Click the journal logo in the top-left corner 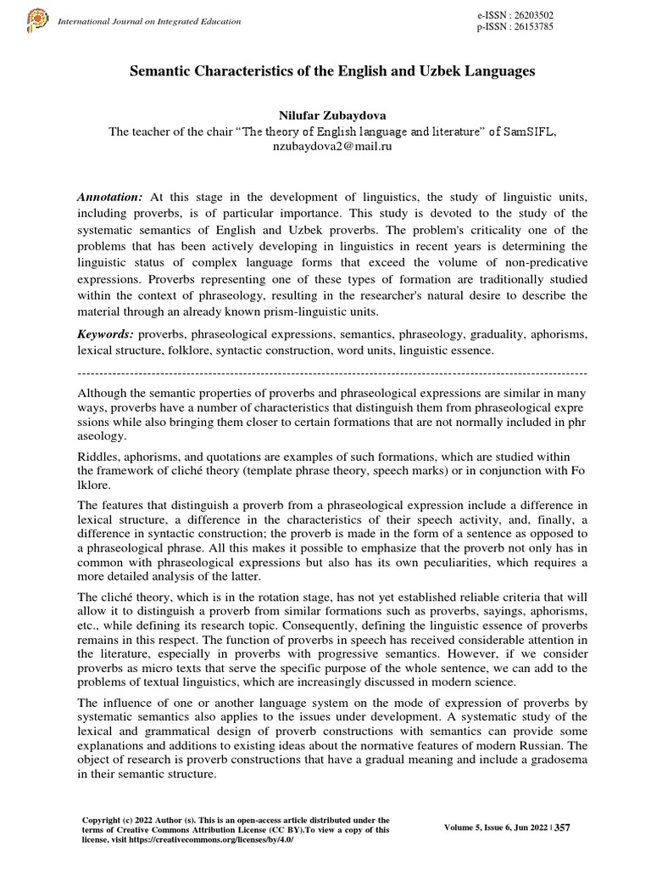point(40,18)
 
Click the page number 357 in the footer point(561,828)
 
